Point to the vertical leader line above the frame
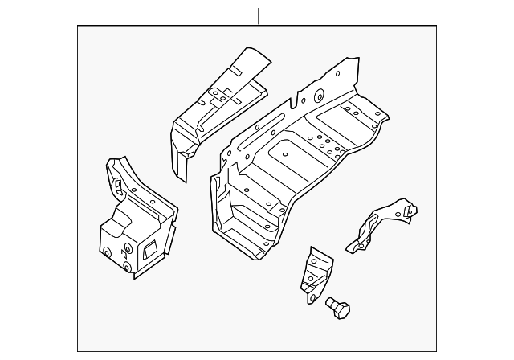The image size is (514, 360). click(x=259, y=15)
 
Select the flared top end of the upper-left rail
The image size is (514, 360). click(x=253, y=60)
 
